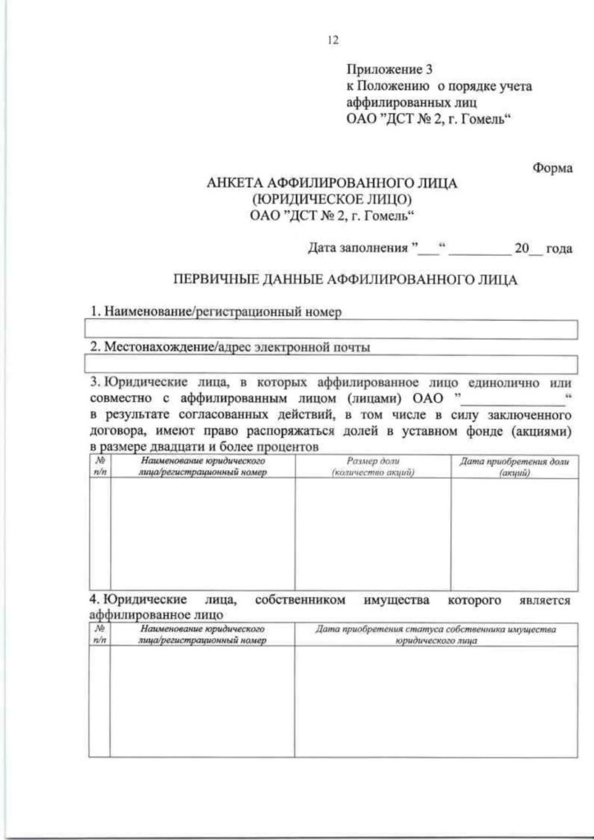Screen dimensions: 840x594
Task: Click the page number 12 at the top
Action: [333, 39]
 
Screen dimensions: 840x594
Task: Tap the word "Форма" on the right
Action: [552, 169]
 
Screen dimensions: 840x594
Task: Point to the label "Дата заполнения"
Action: [358, 247]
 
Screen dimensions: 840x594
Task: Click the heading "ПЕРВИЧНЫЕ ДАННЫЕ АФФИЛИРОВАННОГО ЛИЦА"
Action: [342, 280]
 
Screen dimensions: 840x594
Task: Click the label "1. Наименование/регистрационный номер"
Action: [215, 312]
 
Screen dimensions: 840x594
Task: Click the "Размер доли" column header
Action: [372, 468]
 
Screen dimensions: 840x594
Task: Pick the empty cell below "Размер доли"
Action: [372, 533]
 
